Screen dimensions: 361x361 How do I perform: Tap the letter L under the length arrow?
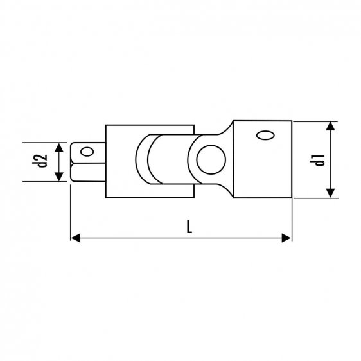(x=184, y=227)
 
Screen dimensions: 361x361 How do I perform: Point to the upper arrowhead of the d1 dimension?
(x=330, y=125)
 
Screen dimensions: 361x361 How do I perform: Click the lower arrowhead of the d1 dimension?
(x=330, y=195)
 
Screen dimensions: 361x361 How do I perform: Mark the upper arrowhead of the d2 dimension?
(x=59, y=146)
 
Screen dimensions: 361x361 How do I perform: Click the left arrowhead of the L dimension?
(x=73, y=238)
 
